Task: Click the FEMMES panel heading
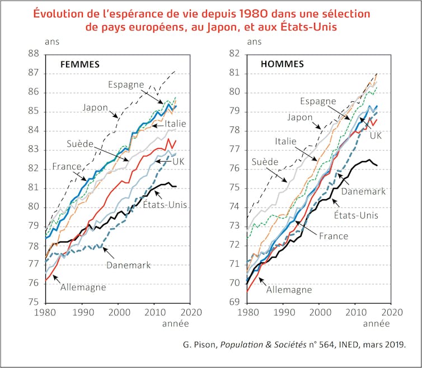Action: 80,64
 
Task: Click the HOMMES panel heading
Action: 282,64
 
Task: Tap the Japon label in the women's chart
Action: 95,107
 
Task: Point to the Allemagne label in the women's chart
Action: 83,287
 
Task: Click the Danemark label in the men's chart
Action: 363,191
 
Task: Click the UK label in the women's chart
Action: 178,161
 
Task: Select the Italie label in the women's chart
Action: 175,124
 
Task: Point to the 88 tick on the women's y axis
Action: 33,54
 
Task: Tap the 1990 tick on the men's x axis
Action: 284,313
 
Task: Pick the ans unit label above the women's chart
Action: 51,41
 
